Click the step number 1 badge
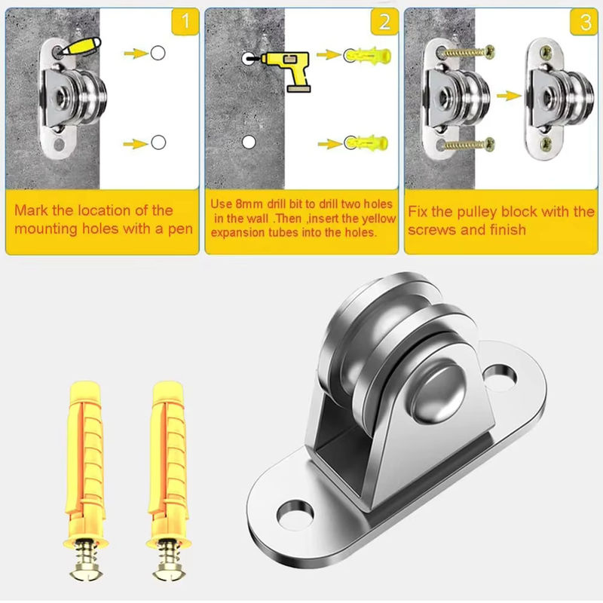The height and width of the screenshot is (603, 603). [185, 22]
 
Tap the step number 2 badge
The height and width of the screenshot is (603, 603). [384, 22]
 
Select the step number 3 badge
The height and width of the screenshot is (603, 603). [584, 22]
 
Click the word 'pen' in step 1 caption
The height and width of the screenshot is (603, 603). [180, 229]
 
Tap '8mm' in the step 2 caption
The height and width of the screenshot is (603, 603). [249, 204]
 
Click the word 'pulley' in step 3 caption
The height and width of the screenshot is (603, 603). [477, 213]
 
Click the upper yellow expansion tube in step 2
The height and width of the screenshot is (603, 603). [368, 55]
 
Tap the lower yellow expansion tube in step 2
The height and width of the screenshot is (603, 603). [366, 142]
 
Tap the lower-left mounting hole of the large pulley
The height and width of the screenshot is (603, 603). [295, 514]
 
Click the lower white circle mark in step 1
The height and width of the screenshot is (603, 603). [158, 142]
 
